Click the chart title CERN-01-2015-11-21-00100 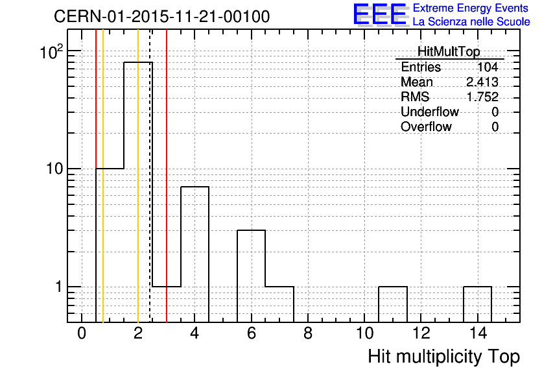pyautogui.click(x=162, y=16)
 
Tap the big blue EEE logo pyautogui.click(x=380, y=14)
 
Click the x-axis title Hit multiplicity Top pyautogui.click(x=444, y=357)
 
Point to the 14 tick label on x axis pyautogui.click(x=478, y=333)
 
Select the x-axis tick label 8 pyautogui.click(x=308, y=333)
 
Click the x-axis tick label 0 pyautogui.click(x=82, y=333)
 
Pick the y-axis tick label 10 pyautogui.click(x=56, y=169)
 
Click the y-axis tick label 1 pyautogui.click(x=60, y=287)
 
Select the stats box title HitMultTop pyautogui.click(x=449, y=51)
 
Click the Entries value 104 pyautogui.click(x=488, y=67)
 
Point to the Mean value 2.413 pyautogui.click(x=482, y=82)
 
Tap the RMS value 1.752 pyautogui.click(x=482, y=97)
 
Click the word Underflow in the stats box pyautogui.click(x=430, y=112)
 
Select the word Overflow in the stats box pyautogui.click(x=426, y=126)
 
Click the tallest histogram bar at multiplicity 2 pyautogui.click(x=138, y=192)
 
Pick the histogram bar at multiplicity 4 pyautogui.click(x=194, y=254)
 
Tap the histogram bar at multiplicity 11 pyautogui.click(x=393, y=304)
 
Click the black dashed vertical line pyautogui.click(x=150, y=176)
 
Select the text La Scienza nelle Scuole pyautogui.click(x=471, y=22)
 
